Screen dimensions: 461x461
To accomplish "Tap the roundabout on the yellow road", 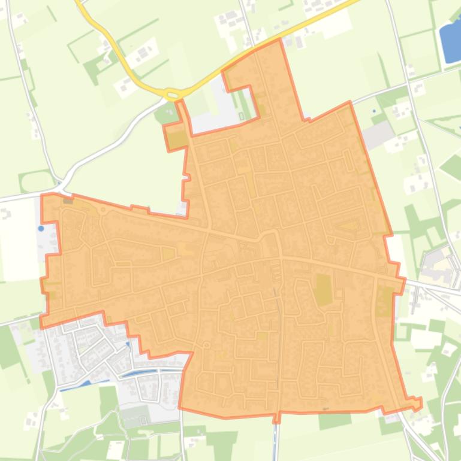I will click(173, 94).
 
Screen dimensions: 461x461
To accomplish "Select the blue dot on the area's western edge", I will click(41, 228).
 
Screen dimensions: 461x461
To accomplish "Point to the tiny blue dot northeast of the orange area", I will click(374, 111).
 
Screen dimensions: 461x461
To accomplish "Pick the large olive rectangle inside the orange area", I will click(324, 289).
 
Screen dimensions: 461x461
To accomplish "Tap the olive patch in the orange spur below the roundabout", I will click(177, 139).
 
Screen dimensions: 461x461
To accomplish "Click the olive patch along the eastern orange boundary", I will click(384, 301).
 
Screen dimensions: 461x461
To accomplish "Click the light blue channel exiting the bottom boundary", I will click(276, 437).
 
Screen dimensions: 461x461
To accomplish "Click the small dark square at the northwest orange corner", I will click(68, 200).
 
